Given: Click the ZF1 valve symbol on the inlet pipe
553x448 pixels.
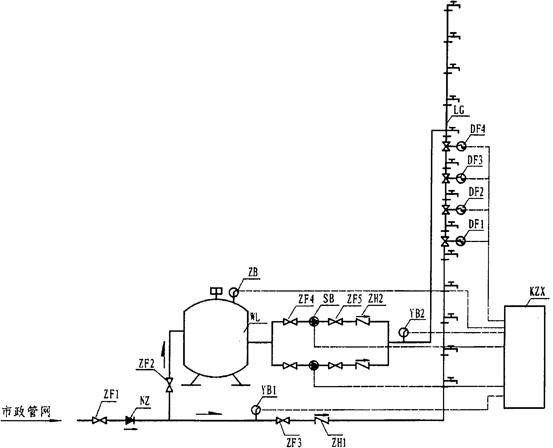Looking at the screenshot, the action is click(x=100, y=420).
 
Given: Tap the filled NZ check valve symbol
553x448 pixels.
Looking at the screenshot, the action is click(x=130, y=420).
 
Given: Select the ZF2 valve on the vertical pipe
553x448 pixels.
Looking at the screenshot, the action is click(x=169, y=385).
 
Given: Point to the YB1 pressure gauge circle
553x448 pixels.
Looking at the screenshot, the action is click(x=256, y=409).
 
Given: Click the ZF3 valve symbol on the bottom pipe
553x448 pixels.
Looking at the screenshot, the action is click(x=283, y=420).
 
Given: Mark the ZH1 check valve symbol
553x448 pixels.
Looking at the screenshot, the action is click(x=321, y=420).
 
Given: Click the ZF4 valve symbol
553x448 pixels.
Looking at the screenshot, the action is click(x=290, y=322).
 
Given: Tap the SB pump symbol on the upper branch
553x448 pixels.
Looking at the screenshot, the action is click(x=314, y=322).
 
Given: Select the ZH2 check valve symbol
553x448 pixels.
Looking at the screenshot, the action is click(x=363, y=321).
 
